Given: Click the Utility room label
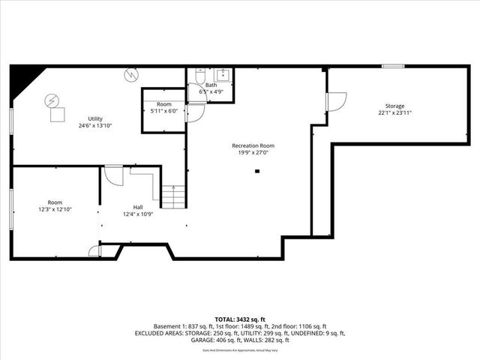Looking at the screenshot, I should coord(95,118).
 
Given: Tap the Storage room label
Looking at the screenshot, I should coord(395,106).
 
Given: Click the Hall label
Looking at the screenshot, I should coord(138,207).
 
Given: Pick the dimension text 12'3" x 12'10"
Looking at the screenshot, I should coord(55,209).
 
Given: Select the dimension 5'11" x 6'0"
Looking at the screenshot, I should coord(164,111).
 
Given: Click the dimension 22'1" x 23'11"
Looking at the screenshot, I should coord(395,113).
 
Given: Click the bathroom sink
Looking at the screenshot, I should coord(223,74).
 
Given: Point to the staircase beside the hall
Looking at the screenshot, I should coord(173,197).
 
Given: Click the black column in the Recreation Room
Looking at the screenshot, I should coord(257,171).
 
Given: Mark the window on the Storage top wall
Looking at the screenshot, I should coord(393,67).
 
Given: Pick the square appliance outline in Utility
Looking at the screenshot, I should coord(57,115).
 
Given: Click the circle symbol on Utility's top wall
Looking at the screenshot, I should coord(132,75).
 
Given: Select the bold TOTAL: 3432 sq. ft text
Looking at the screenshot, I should coord(240,319).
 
